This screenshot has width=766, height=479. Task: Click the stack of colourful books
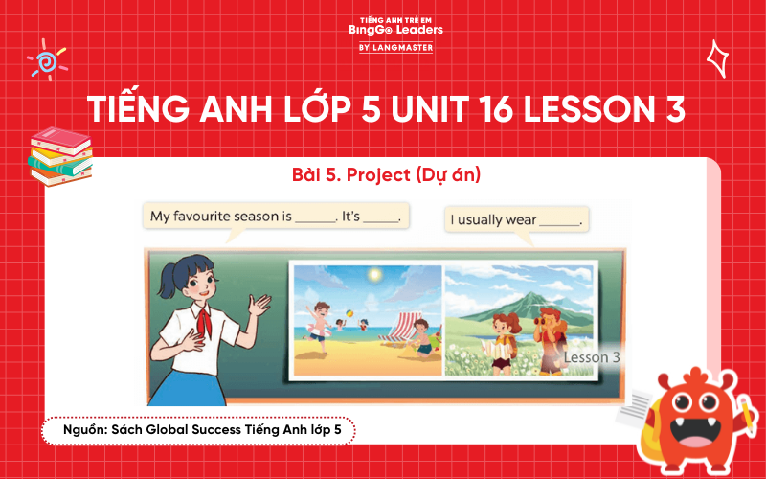(x=59, y=154)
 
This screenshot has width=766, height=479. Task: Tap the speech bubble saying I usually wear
(x=515, y=219)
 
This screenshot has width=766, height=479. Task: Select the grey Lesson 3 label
(x=591, y=357)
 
